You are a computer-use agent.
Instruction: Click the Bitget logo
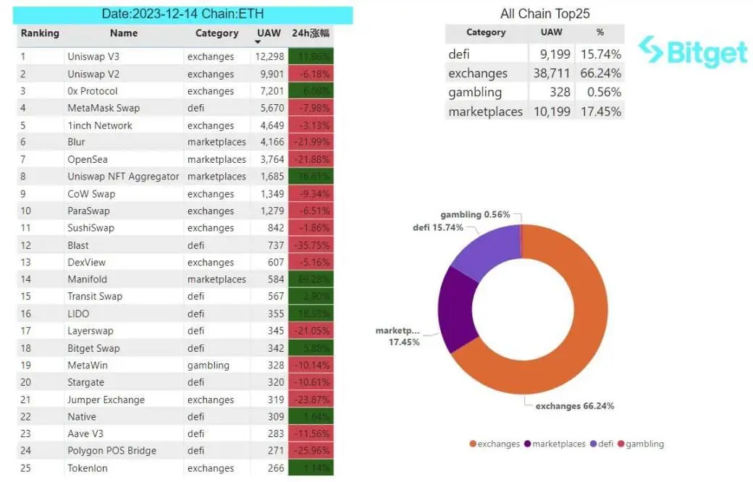coord(692,51)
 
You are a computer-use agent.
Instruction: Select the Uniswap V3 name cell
coord(93,56)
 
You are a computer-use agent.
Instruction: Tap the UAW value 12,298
coord(270,56)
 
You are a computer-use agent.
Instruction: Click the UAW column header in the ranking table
coord(269,33)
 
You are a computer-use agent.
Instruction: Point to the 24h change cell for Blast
coord(311,245)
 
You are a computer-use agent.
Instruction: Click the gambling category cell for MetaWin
coord(208,365)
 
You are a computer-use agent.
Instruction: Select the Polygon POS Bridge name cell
coord(112,451)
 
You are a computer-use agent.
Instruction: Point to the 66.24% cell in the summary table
coord(600,73)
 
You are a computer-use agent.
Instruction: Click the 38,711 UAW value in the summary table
coord(550,73)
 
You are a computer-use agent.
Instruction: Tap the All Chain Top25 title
coord(534,14)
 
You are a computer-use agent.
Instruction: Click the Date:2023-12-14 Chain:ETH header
coord(184,14)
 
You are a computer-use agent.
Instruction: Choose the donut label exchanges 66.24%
coord(574,406)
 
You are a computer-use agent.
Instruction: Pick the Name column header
coord(124,33)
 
